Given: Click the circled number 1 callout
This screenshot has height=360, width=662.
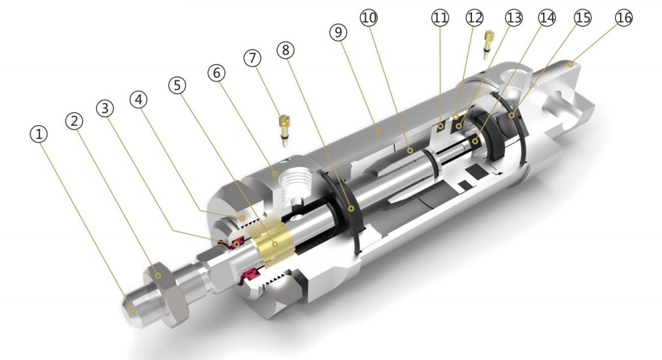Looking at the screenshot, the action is point(39,135).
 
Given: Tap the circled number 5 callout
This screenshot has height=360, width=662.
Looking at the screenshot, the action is point(177,85).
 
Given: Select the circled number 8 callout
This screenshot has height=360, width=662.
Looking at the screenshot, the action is point(286,50).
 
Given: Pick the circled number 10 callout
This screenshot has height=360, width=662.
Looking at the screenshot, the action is point(369,18).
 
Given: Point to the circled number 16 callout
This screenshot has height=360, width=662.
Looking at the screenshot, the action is point(624,18).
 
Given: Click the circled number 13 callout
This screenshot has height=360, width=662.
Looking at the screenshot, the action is point(514,18).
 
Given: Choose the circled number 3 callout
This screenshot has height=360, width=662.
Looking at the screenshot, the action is point(105,108).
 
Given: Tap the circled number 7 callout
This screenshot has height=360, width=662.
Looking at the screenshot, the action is point(252,58).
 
